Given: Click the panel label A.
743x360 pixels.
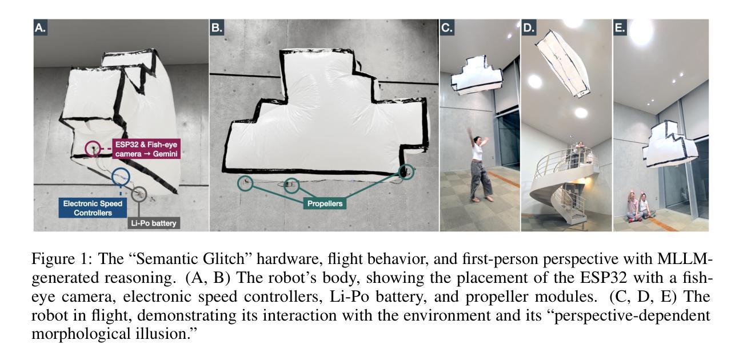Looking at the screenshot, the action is [x=40, y=27].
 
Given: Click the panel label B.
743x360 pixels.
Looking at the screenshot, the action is [x=217, y=27].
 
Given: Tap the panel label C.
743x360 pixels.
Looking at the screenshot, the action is [x=447, y=27].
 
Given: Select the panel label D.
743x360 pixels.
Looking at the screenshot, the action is [x=529, y=27].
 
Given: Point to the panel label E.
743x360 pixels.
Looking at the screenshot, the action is [x=620, y=27].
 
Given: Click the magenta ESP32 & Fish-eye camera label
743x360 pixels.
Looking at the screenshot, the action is [x=146, y=149].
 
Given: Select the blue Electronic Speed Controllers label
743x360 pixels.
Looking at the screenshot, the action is [x=93, y=208].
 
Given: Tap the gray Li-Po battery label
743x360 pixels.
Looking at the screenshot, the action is [x=154, y=223].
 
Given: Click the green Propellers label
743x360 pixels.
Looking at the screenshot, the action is [x=325, y=203].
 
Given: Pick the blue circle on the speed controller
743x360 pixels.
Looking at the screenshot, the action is [x=112, y=177].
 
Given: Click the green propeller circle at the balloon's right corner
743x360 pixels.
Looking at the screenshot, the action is [x=398, y=172].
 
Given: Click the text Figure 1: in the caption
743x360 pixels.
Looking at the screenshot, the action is [x=60, y=259].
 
